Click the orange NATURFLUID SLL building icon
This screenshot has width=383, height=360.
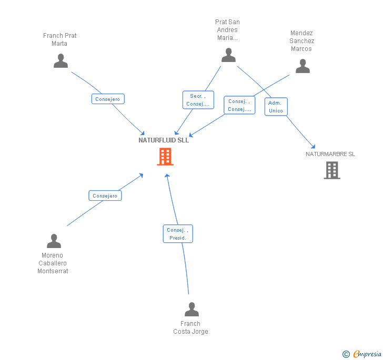click(165, 157)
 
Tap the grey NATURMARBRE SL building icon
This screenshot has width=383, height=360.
click(332, 170)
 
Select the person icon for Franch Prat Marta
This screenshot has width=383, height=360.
click(61, 61)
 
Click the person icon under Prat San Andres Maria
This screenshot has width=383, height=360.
click(228, 55)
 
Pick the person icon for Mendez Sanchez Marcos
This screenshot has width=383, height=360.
click(303, 66)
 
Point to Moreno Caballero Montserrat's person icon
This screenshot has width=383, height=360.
click(54, 241)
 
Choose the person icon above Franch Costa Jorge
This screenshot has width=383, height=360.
click(191, 309)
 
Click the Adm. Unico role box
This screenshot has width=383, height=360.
click(276, 107)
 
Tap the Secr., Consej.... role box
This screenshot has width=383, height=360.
click(198, 100)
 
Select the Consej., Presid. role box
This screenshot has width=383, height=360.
click(178, 234)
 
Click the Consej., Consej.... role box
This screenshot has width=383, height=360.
click(239, 105)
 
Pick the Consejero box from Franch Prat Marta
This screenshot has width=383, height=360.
click(108, 99)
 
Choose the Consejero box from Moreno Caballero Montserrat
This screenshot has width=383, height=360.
click(105, 196)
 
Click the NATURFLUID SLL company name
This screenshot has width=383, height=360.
click(164, 140)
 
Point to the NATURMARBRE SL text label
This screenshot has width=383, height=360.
click(330, 154)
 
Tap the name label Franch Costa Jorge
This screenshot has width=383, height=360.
click(190, 327)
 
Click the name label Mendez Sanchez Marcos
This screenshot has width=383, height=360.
click(301, 41)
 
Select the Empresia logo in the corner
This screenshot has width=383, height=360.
click(362, 354)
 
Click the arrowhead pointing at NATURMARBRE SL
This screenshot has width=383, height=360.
click(314, 147)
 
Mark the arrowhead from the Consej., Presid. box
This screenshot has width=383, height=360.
click(167, 176)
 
